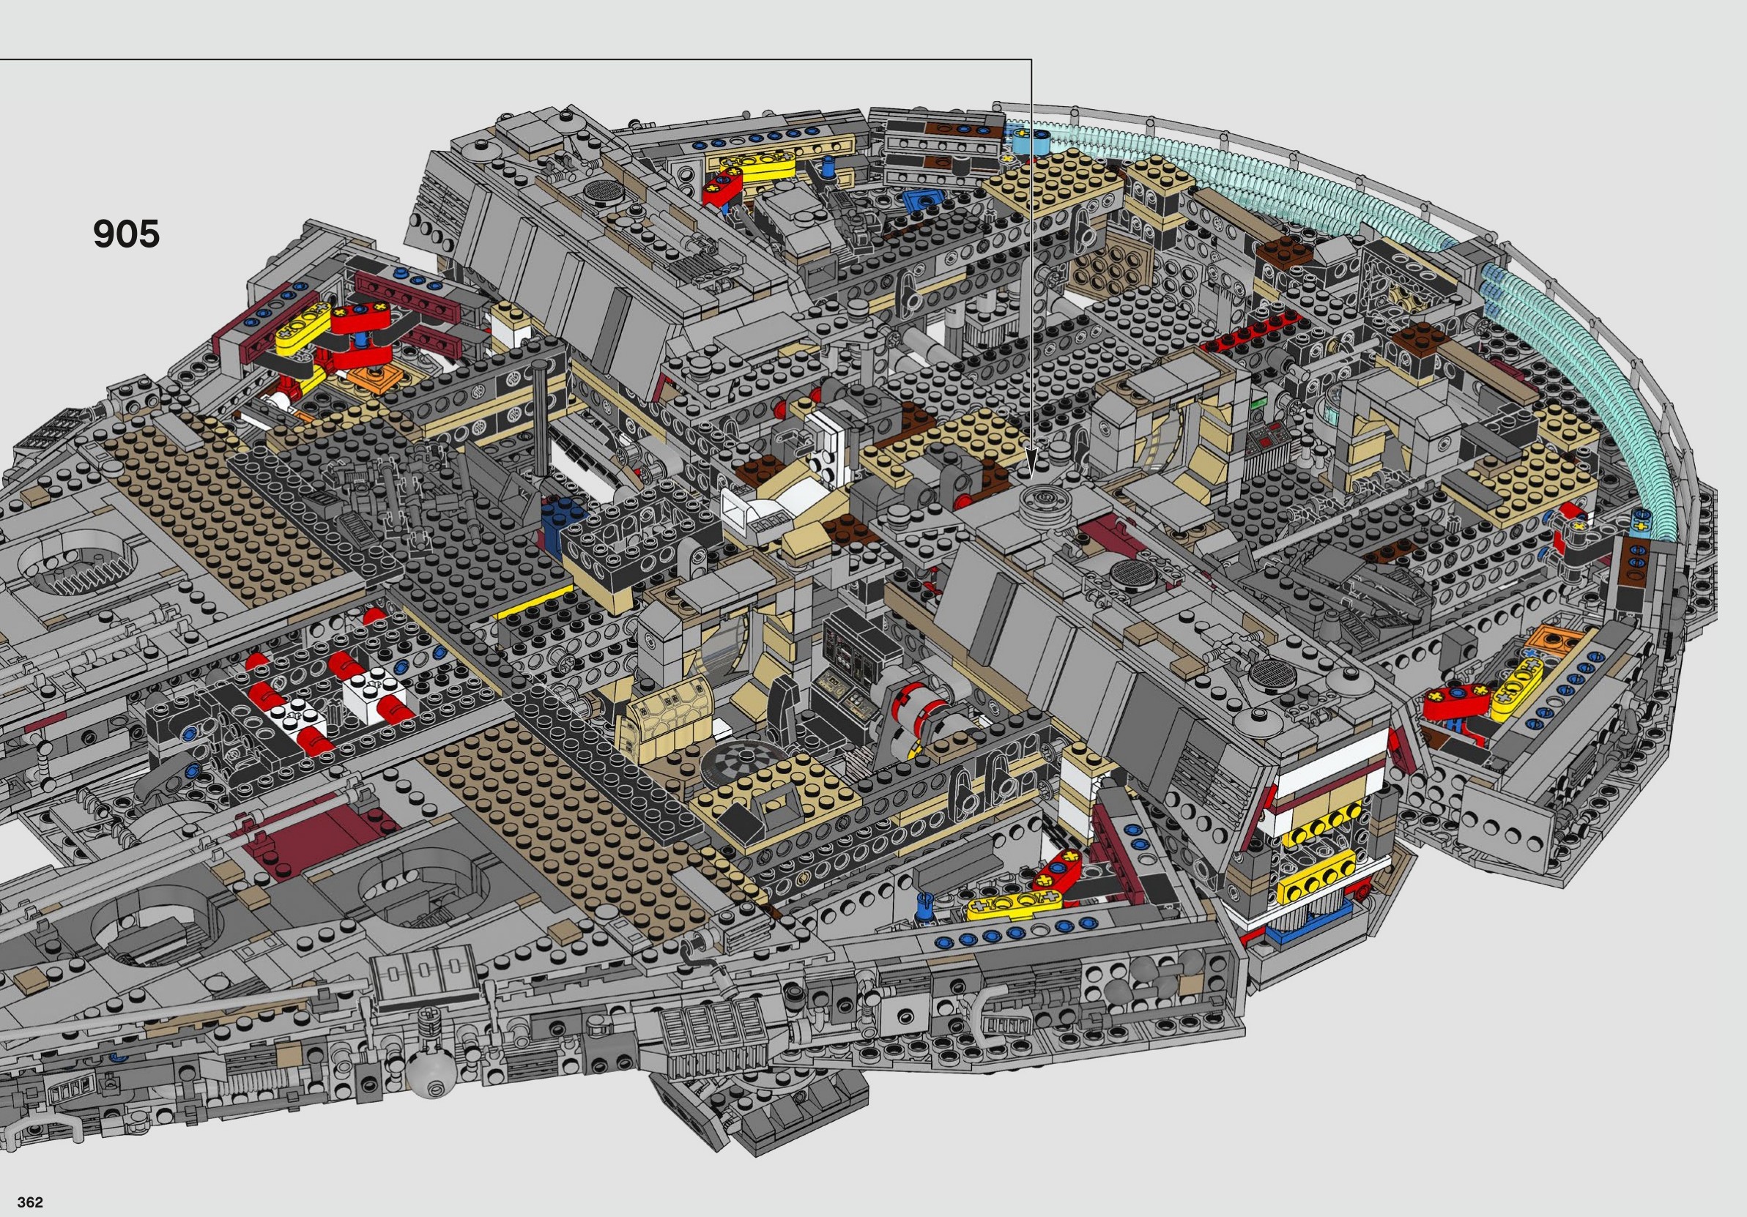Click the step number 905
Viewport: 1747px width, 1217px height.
[x=126, y=234]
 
